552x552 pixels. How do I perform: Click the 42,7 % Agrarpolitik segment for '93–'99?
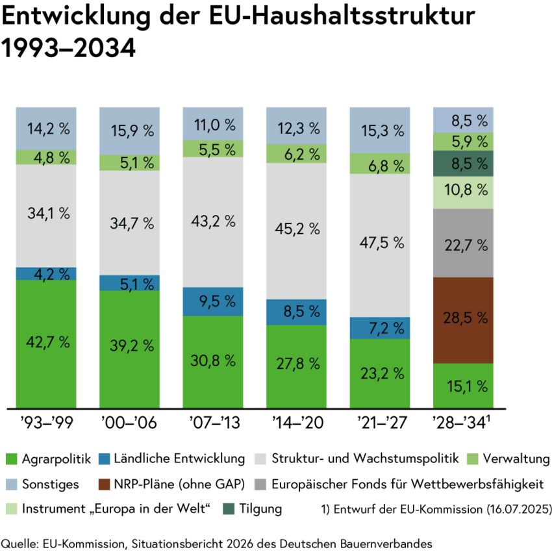pyautogui.click(x=46, y=344)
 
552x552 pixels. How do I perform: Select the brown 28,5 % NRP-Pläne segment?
pyautogui.click(x=463, y=320)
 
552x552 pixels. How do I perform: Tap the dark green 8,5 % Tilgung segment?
pyautogui.click(x=463, y=164)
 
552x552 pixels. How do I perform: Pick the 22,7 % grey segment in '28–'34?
pyautogui.click(x=463, y=243)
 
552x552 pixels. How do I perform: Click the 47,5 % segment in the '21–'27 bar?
pyautogui.click(x=380, y=245)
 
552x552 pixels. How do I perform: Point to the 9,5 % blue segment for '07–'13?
pyautogui.click(x=213, y=301)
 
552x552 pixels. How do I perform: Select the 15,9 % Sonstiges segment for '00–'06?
pyautogui.click(x=129, y=131)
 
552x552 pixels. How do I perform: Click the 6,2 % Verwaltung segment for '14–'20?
pyautogui.click(x=296, y=153)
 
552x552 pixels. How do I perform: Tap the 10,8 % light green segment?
pyautogui.click(x=463, y=193)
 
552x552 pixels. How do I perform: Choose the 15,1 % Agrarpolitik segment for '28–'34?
pyautogui.click(x=463, y=386)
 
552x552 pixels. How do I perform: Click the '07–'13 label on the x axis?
pyautogui.click(x=215, y=422)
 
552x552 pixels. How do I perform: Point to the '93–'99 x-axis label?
pyautogui.click(x=47, y=422)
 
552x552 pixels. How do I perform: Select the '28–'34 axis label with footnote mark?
pyautogui.click(x=462, y=422)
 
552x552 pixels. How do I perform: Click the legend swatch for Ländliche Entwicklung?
pyautogui.click(x=104, y=459)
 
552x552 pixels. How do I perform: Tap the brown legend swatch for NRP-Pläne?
pyautogui.click(x=104, y=484)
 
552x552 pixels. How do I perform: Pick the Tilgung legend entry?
pyautogui.click(x=253, y=509)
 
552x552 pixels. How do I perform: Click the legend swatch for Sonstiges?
pyautogui.click(x=11, y=484)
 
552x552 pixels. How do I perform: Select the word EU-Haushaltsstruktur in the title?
pyautogui.click(x=342, y=16)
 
